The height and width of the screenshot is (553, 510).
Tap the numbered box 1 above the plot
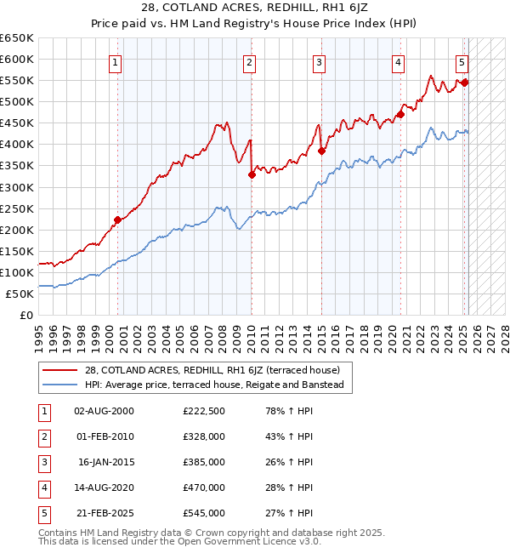pyautogui.click(x=115, y=61)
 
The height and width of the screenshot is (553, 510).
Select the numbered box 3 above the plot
pyautogui.click(x=319, y=61)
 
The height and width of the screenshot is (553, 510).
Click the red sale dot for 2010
pyautogui.click(x=252, y=175)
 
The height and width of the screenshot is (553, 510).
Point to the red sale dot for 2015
pyautogui.click(x=322, y=151)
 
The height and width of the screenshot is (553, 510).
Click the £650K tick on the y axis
pyautogui.click(x=17, y=38)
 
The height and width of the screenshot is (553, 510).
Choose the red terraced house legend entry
pyautogui.click(x=212, y=370)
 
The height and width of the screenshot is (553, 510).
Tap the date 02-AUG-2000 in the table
pyautogui.click(x=105, y=412)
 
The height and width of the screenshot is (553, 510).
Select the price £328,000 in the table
pyautogui.click(x=204, y=437)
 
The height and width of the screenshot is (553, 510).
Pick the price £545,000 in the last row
pyautogui.click(x=204, y=513)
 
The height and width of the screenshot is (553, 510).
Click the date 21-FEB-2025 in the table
pyautogui.click(x=105, y=513)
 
